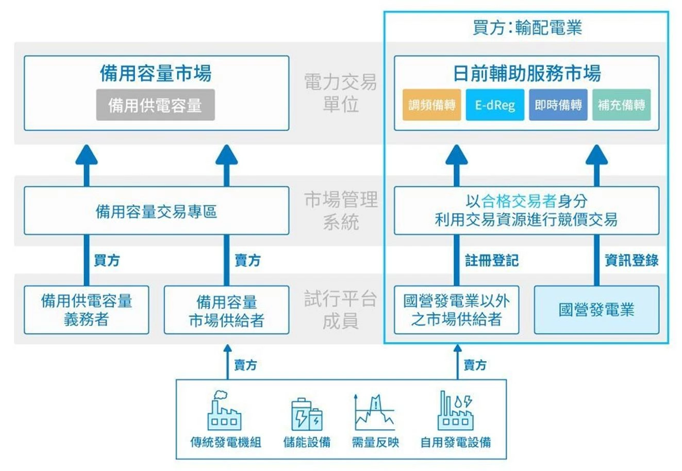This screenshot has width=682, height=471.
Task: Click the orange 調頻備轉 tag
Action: [x=431, y=105]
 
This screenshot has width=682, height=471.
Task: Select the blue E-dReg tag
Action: [x=495, y=105]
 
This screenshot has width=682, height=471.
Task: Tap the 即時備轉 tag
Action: [x=558, y=105]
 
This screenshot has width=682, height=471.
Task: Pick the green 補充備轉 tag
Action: [x=621, y=105]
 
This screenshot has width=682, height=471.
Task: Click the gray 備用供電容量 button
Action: [x=155, y=105]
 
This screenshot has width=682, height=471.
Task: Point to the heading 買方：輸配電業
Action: [x=527, y=27]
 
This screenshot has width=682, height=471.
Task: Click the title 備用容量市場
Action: [x=156, y=73]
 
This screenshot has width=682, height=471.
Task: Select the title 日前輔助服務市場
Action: [x=527, y=73]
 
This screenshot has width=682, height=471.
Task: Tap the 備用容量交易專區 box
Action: [x=156, y=212]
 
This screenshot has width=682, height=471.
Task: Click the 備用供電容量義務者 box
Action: [x=86, y=310]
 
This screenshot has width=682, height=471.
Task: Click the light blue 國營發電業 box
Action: [x=596, y=310]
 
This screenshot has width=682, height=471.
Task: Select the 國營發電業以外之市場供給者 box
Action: [x=456, y=310]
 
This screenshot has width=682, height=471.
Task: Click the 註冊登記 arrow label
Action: [x=491, y=261]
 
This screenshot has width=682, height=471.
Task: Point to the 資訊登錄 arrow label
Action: [x=631, y=261]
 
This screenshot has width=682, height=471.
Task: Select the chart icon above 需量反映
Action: [x=375, y=412]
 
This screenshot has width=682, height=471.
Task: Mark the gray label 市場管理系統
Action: [x=341, y=211]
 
